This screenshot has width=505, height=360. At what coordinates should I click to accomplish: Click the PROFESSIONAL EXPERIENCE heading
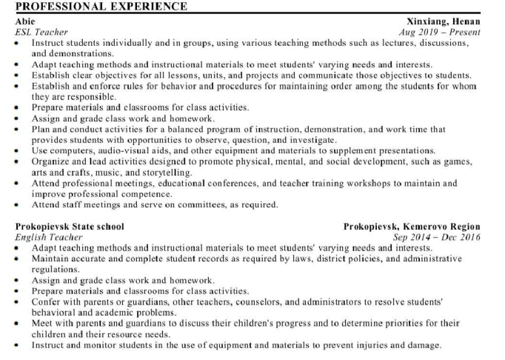(x=101, y=7)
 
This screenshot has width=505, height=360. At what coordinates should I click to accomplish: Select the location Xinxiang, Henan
(x=444, y=22)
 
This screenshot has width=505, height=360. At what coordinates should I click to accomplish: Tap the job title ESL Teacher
(x=41, y=33)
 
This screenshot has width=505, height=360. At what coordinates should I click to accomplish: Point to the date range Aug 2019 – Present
(x=439, y=33)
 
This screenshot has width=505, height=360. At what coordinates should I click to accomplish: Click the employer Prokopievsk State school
(x=70, y=227)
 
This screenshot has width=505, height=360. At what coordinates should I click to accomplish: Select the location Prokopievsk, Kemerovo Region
(x=412, y=227)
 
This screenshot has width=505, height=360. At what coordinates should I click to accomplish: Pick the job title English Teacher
(x=49, y=237)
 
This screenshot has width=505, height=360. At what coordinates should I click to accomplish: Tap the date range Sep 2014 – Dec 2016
(x=437, y=237)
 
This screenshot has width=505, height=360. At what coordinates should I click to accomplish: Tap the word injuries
(x=364, y=345)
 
